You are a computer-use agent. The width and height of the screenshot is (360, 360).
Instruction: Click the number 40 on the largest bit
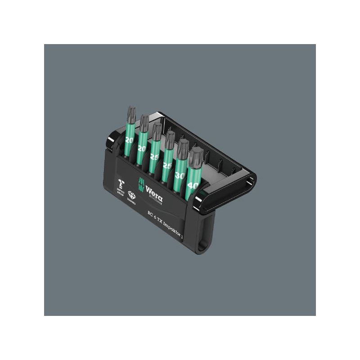tap(193, 184)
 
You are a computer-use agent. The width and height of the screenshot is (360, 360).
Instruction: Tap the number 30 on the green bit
tap(180, 176)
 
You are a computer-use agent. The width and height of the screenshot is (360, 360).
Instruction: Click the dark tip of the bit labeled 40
tap(196, 156)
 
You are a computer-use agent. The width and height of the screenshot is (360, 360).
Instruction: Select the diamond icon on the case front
tap(131, 195)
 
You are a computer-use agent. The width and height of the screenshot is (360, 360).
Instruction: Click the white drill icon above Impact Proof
tap(120, 183)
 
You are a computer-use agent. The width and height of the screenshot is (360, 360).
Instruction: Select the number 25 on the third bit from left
tap(154, 157)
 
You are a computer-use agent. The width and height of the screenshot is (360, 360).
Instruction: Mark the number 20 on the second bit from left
tap(142, 148)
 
